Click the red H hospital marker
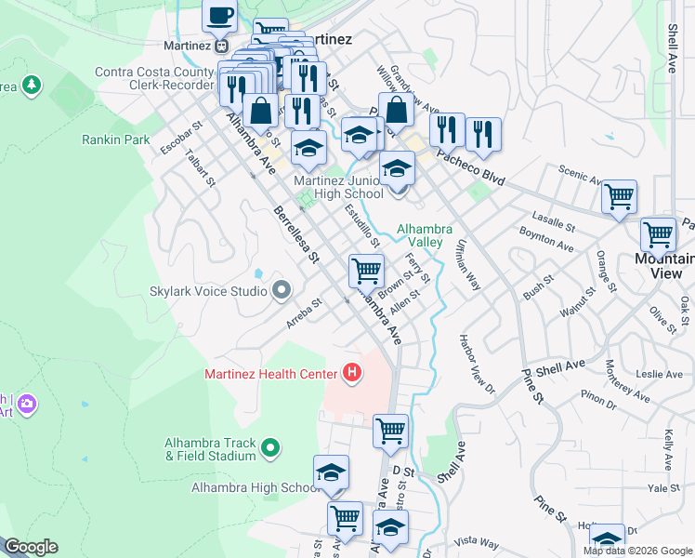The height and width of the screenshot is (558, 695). (x=352, y=374)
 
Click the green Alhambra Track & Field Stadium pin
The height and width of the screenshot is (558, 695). (x=270, y=449)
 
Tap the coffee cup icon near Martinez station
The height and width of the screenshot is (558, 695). (x=221, y=17)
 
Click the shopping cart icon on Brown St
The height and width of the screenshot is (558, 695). (x=366, y=271)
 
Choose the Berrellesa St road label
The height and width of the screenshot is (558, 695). (x=296, y=234)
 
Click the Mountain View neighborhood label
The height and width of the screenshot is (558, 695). (x=664, y=266)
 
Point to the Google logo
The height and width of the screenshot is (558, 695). (x=30, y=547)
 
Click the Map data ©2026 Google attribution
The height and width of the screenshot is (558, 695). (x=636, y=551)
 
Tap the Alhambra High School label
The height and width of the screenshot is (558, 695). (x=256, y=487)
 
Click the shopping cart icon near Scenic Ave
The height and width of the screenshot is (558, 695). (x=619, y=197)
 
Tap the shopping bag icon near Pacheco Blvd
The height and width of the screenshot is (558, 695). (x=396, y=109)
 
